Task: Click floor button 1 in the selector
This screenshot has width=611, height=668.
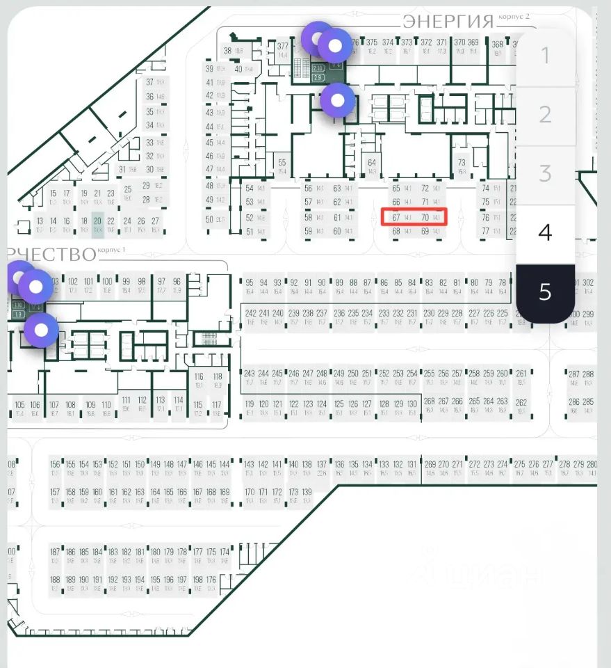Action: point(545,56)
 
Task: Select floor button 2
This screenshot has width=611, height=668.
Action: point(545,115)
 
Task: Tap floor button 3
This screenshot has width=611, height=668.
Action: point(545,173)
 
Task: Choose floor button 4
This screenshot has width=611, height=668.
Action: point(545,232)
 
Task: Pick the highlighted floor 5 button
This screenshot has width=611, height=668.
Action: point(545,292)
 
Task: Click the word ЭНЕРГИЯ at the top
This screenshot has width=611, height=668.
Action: point(448,22)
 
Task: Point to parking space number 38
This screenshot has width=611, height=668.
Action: point(231,50)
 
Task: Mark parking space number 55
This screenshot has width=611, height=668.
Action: point(282,166)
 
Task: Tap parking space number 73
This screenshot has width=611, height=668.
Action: point(462,166)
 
